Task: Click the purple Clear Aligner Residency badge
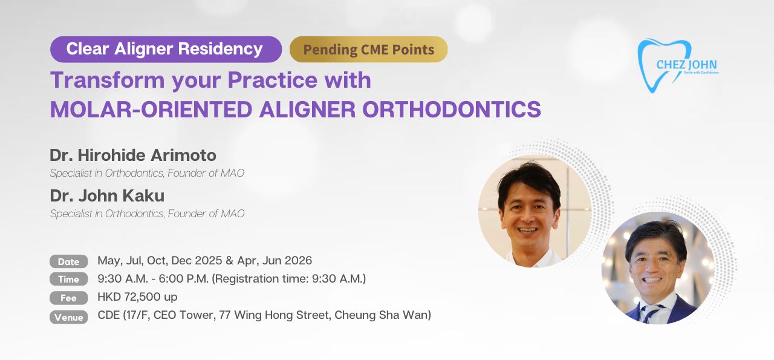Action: [166, 49]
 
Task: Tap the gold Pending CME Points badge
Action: [369, 49]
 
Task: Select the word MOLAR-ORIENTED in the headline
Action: [151, 110]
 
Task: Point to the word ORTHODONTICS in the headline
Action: [451, 110]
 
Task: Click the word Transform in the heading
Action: [107, 80]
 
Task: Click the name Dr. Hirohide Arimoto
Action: [133, 155]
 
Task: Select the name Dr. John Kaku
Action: [107, 195]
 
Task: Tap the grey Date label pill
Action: [68, 261]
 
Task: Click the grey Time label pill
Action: [68, 279]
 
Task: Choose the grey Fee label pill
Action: [68, 298]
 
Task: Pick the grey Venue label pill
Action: [68, 317]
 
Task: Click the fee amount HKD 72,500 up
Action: [137, 296]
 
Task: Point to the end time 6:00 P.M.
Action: [184, 279]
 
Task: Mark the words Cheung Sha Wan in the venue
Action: [383, 315]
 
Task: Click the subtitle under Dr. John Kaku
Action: [147, 214]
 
